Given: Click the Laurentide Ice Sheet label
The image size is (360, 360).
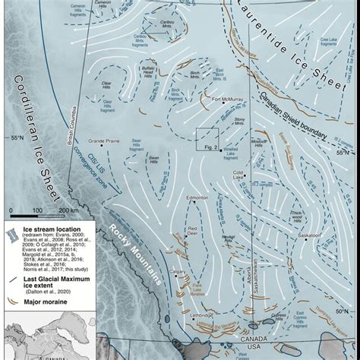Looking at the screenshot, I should [280, 46].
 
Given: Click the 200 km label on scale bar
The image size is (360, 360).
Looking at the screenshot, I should [71, 209].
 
